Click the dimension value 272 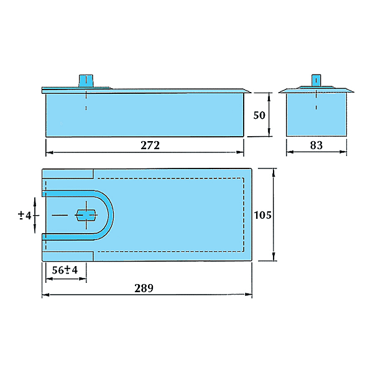click(150, 145)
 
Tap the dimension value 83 click(316, 145)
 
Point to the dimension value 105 click(264, 215)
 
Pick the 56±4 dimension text click(65, 270)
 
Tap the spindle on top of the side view click(86, 81)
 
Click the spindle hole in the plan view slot click(85, 214)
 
